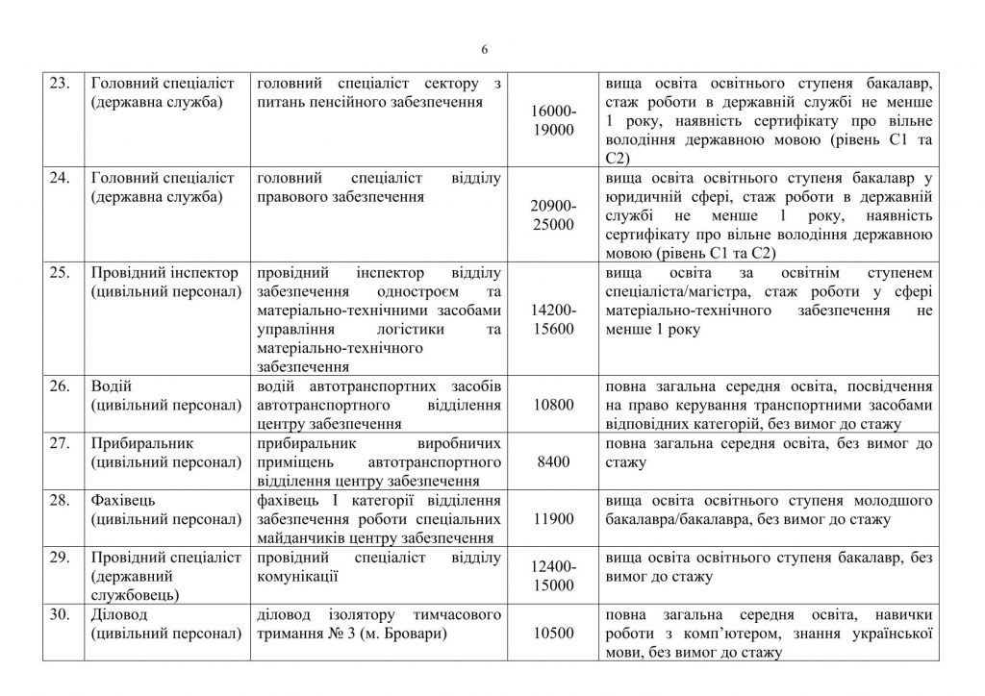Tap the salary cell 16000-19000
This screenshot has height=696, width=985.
click(x=552, y=121)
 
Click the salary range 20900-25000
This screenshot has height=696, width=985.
click(x=552, y=215)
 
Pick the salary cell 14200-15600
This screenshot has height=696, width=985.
click(x=552, y=319)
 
